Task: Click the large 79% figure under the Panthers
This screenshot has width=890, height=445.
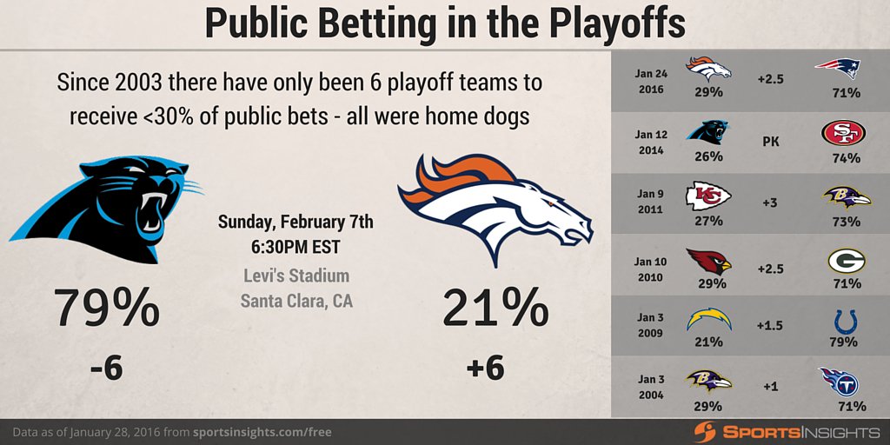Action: [x=107, y=309]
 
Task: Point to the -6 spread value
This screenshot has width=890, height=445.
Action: [x=106, y=369]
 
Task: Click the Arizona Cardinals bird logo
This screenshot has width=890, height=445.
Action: [x=708, y=261]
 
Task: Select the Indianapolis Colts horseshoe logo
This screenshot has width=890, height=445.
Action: [x=845, y=322]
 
